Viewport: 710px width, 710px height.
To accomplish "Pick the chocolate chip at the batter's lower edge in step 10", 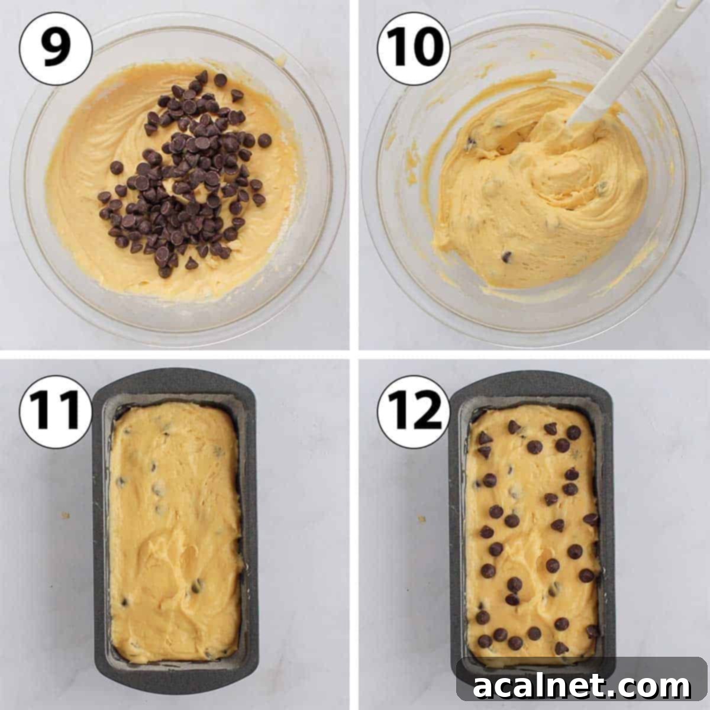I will coord(506,256).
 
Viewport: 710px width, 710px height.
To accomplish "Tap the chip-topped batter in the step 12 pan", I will coord(532,532).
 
